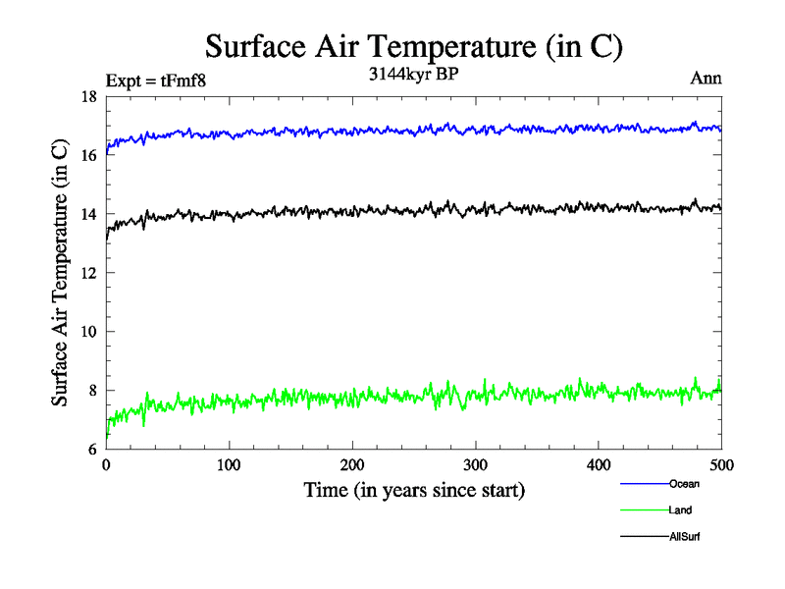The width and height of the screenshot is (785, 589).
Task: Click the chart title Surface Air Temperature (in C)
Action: pyautogui.click(x=413, y=46)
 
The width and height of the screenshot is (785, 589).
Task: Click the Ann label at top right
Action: pyautogui.click(x=706, y=79)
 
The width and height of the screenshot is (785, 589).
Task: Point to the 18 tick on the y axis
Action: pyautogui.click(x=87, y=96)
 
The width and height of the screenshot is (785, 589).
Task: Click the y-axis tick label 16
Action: pyautogui.click(x=87, y=155)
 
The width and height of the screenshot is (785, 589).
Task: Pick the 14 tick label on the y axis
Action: pyautogui.click(x=87, y=214)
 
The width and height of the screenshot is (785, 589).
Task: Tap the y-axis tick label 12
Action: pyautogui.click(x=87, y=273)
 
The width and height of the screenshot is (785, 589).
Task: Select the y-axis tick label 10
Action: pyautogui.click(x=87, y=332)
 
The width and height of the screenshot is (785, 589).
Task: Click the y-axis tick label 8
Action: pyautogui.click(x=91, y=391)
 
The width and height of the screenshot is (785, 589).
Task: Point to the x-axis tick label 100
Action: pyautogui.click(x=229, y=464)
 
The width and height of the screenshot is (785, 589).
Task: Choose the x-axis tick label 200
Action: pyautogui.click(x=352, y=464)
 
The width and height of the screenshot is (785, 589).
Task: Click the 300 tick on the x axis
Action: pyautogui.click(x=475, y=464)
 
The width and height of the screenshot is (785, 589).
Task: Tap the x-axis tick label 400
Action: pyautogui.click(x=599, y=464)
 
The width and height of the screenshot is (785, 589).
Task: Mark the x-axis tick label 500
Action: pyautogui.click(x=721, y=464)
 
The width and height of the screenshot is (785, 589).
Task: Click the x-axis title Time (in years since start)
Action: pyautogui.click(x=413, y=489)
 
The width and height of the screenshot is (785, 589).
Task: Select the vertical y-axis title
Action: pyautogui.click(x=60, y=273)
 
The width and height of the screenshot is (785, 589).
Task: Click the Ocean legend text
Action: pyautogui.click(x=684, y=484)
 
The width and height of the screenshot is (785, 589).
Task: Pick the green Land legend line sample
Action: pyautogui.click(x=644, y=510)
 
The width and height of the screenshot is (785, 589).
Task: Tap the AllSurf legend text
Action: pyautogui.click(x=685, y=537)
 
